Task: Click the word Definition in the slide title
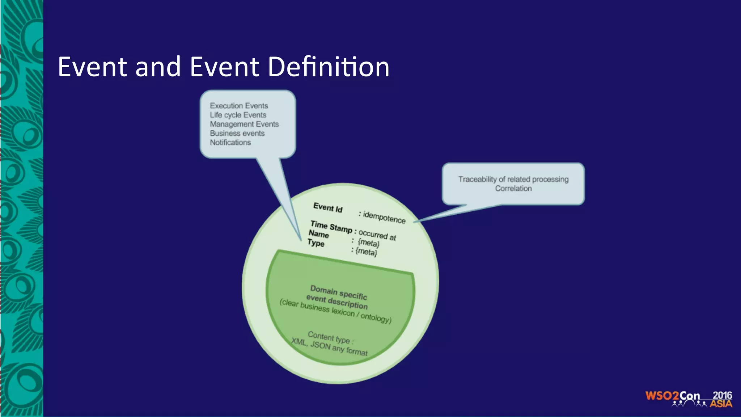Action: (x=329, y=67)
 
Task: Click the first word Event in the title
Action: (x=93, y=67)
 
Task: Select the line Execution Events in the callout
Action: (x=239, y=106)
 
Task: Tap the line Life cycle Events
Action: (x=238, y=115)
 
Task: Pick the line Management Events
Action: (x=244, y=124)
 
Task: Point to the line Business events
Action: (x=237, y=133)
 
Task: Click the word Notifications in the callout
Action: (x=230, y=142)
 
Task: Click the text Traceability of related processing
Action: (x=513, y=179)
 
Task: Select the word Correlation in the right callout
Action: (x=513, y=188)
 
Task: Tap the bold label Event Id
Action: (x=328, y=208)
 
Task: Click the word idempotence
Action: (x=384, y=217)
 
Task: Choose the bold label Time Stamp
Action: (x=331, y=227)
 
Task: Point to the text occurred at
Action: (x=377, y=235)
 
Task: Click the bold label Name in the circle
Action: (x=319, y=234)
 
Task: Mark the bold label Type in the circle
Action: (x=316, y=243)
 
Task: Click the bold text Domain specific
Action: (x=339, y=292)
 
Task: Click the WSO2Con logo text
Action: (x=673, y=396)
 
